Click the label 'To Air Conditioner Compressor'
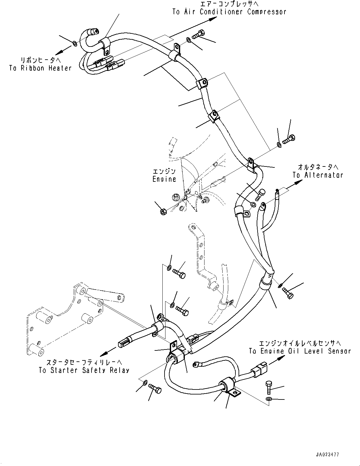[229, 12]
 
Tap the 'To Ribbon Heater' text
[40, 68]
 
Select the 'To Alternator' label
[318, 175]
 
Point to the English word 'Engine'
[164, 179]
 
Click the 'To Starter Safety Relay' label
[84, 370]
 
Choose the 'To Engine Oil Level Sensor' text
[300, 351]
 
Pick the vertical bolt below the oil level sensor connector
[269, 388]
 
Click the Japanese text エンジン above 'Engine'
[164, 171]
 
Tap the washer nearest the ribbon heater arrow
[75, 43]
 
